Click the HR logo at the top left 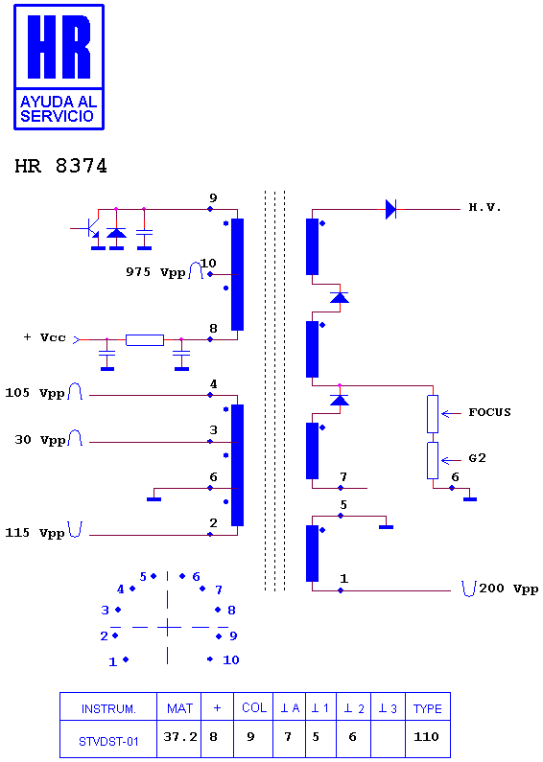point(59,67)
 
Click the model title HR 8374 point(60,166)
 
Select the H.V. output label point(484,207)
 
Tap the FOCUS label point(489,412)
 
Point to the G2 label point(478,458)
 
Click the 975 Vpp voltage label point(155,272)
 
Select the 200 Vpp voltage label point(508,589)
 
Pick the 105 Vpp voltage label point(35,393)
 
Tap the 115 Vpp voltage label point(35,533)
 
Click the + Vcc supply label point(45,337)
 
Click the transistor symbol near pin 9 point(90,227)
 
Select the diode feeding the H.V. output point(390,210)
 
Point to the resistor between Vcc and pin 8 point(145,340)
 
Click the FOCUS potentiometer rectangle point(433,414)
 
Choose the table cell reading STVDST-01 point(108,742)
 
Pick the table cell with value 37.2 point(179,738)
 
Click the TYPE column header point(428,708)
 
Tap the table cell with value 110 point(426,737)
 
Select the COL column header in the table point(254,707)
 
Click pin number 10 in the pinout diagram point(231,660)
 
